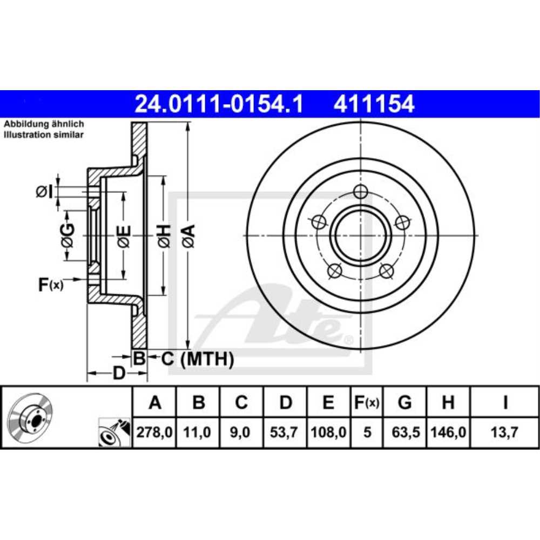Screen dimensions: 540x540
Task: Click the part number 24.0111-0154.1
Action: (219, 104)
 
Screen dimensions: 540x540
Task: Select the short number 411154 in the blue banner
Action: (374, 104)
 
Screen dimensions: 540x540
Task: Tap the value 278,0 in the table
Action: (155, 432)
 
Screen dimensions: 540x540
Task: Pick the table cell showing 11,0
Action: (199, 432)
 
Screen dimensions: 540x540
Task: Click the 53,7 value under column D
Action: (286, 432)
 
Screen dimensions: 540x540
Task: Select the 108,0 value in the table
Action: (328, 432)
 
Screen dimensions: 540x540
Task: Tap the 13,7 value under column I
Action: (504, 432)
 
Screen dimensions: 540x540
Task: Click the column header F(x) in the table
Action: (367, 402)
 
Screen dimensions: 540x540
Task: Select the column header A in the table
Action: (155, 402)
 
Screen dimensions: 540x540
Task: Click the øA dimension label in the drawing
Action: (188, 237)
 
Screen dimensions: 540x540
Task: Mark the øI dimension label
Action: (44, 191)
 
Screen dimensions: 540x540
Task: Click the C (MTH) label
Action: (198, 358)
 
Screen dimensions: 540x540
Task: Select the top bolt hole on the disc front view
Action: (361, 191)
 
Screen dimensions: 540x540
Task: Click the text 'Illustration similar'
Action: (44, 135)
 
